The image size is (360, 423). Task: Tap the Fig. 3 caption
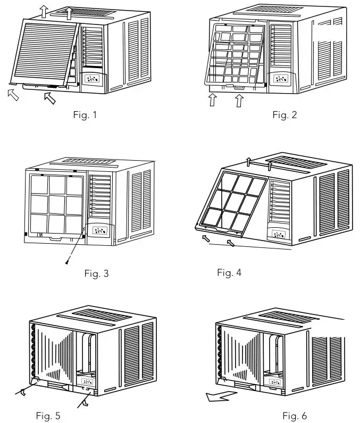[x=97, y=273]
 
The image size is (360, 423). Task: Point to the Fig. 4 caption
[x=229, y=272]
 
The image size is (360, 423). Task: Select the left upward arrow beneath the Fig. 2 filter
[x=213, y=99]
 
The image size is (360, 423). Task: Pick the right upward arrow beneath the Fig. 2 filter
[x=239, y=99]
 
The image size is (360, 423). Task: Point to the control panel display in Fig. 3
[x=99, y=231]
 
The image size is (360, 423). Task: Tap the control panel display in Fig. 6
[x=275, y=381]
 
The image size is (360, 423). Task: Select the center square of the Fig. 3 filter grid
[x=57, y=202]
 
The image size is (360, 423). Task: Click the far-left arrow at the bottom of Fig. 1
[x=14, y=95]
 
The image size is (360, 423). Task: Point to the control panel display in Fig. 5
[x=86, y=381]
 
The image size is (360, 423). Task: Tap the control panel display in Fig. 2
[x=280, y=79]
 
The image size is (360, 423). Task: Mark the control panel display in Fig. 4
[x=279, y=234]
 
